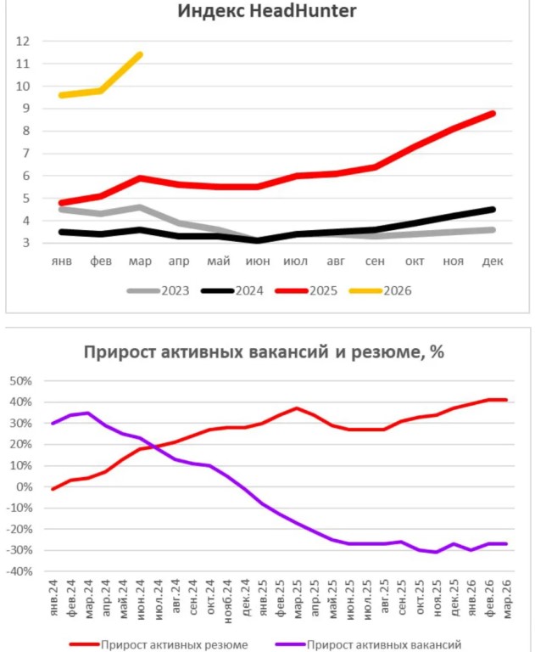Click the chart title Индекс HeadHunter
click(x=267, y=11)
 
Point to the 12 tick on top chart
click(x=23, y=41)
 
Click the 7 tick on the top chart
click(x=25, y=153)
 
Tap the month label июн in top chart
click(x=258, y=261)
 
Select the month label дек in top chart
click(x=492, y=261)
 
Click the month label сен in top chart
click(x=375, y=261)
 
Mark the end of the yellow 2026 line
click(x=140, y=54)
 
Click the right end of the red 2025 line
click(x=492, y=113)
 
